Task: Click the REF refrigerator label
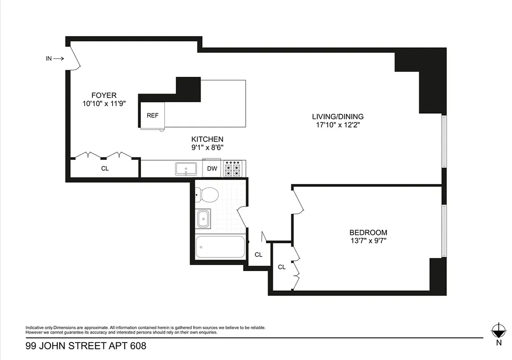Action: click(x=153, y=115)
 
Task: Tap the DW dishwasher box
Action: click(x=212, y=169)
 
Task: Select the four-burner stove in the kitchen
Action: click(x=234, y=169)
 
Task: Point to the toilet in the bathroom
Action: click(x=207, y=195)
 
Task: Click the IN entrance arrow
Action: click(x=54, y=58)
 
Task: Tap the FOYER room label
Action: click(x=104, y=95)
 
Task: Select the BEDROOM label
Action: click(x=368, y=233)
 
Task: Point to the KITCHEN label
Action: click(x=207, y=139)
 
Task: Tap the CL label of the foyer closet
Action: click(x=104, y=169)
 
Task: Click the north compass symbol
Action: click(x=498, y=331)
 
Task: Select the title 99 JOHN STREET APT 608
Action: click(x=86, y=346)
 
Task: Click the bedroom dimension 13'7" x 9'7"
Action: click(x=368, y=241)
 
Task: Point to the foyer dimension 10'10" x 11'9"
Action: click(x=104, y=103)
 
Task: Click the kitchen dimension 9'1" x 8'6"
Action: click(x=207, y=147)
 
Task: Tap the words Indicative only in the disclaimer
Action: click(x=39, y=327)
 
